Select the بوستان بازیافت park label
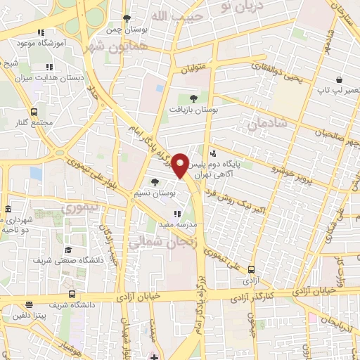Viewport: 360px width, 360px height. coord(193,110)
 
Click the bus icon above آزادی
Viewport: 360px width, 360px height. coord(252,268)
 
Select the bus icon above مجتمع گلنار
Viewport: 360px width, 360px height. coord(34,112)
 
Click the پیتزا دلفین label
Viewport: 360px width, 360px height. coord(29,319)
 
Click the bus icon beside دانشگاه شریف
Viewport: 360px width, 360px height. coord(71,295)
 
